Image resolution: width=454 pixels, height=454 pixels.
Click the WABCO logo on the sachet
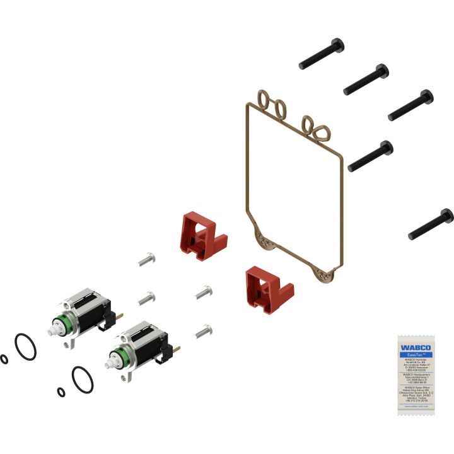(x=414, y=347)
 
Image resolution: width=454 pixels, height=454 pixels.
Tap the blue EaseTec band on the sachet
(x=414, y=355)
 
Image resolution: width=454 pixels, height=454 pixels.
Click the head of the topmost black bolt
(x=337, y=45)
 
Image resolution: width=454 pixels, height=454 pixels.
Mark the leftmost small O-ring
(x=5, y=359)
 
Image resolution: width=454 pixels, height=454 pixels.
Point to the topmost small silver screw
(x=146, y=259)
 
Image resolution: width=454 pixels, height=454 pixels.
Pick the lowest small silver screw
(x=203, y=330)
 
